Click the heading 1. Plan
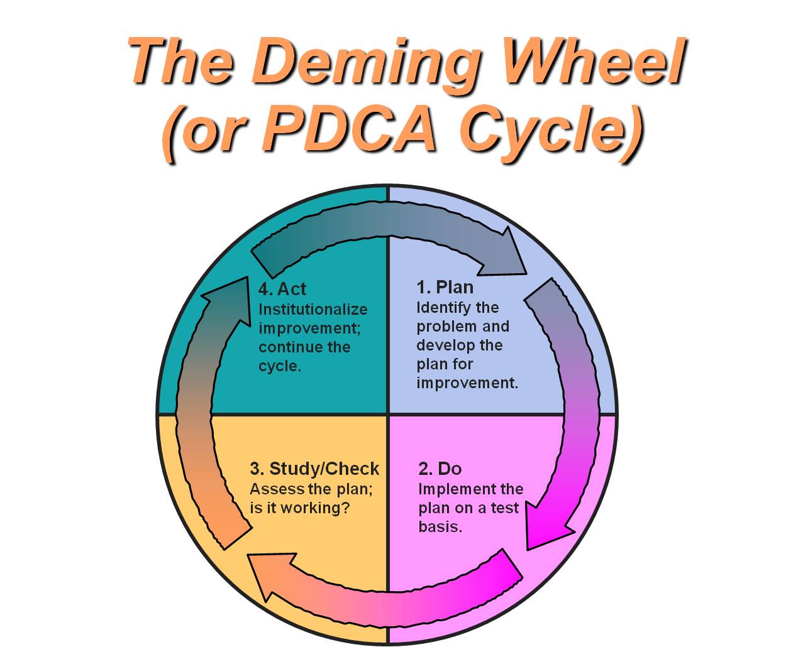click(445, 287)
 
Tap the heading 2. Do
click(440, 469)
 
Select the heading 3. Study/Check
click(314, 469)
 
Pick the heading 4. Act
click(282, 289)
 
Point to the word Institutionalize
click(313, 310)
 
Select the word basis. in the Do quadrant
click(440, 526)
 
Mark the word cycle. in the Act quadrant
click(279, 366)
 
